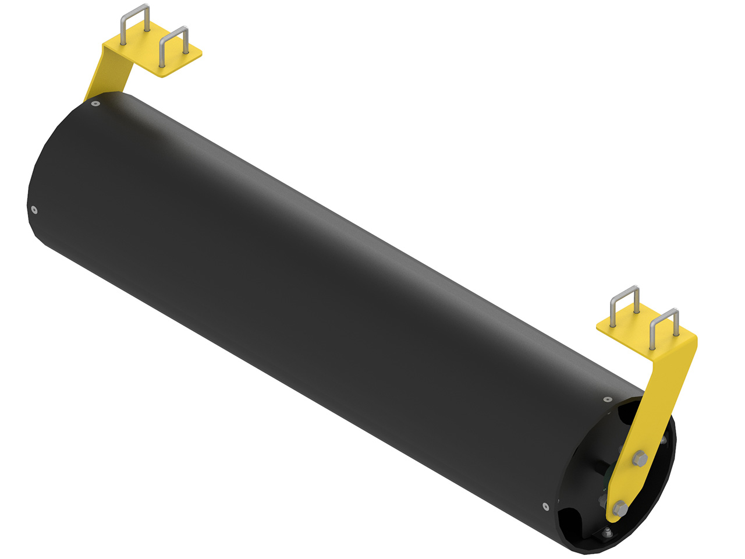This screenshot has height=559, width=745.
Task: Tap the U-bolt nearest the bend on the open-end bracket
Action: pyautogui.click(x=664, y=329)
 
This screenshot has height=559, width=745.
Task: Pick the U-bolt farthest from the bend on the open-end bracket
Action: pyautogui.click(x=625, y=306)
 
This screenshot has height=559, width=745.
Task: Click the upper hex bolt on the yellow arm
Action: pyautogui.click(x=640, y=459)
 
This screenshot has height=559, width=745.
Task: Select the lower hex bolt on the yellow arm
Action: pyautogui.click(x=620, y=508)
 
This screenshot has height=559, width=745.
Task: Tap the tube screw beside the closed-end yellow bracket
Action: pyautogui.click(x=95, y=104)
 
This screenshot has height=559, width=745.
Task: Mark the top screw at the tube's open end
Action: pyautogui.click(x=608, y=399)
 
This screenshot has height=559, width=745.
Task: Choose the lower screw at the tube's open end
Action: pyautogui.click(x=545, y=505)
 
